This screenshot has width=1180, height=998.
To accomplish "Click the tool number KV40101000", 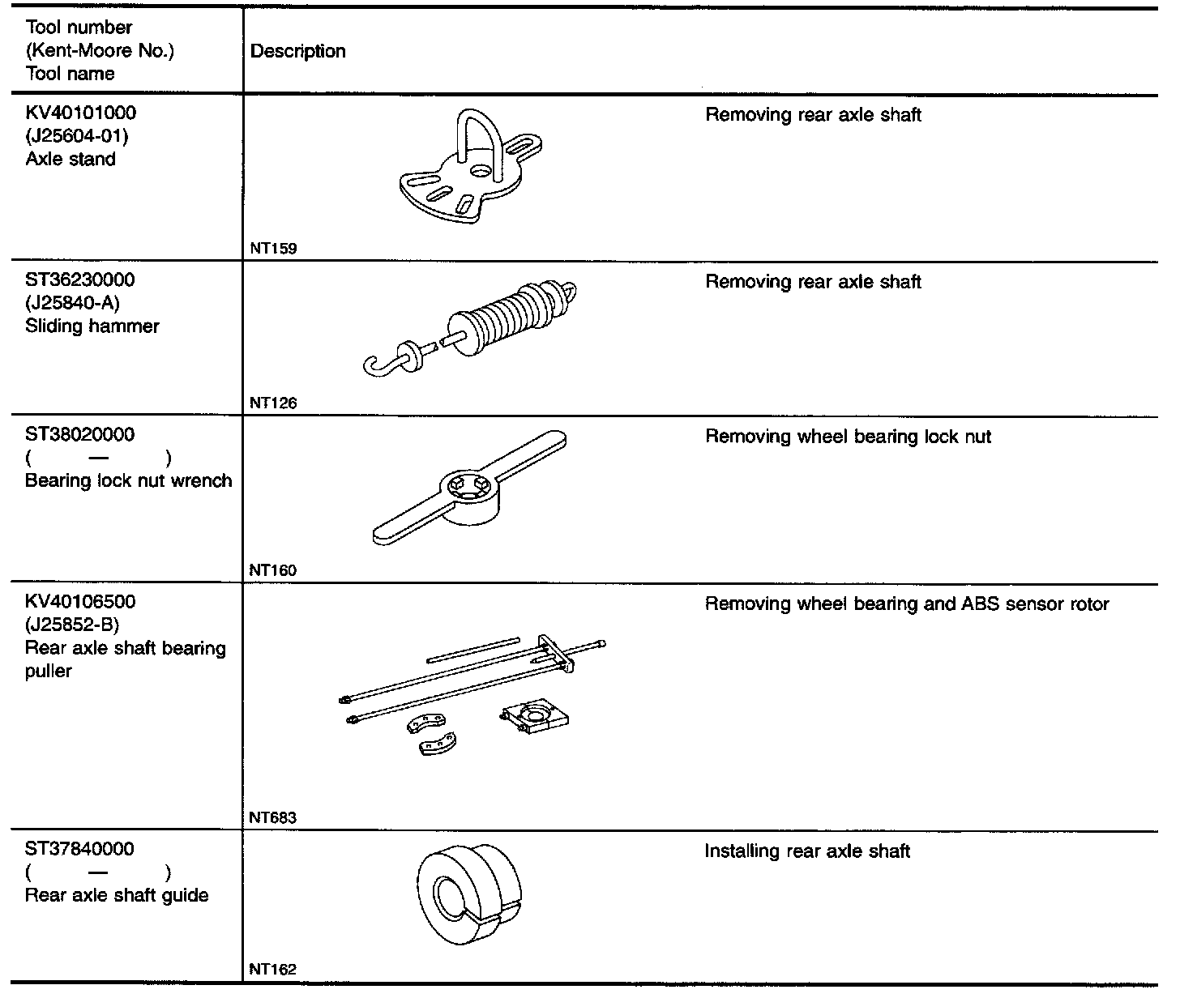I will pos(81,113).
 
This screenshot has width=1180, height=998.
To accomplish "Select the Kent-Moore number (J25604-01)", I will pos(77,135).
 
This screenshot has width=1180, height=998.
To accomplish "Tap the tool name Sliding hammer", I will pos(92,326).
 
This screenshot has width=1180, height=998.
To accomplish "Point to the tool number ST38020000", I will pos(79,435).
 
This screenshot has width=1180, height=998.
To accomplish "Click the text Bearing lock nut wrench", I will pos(128,480).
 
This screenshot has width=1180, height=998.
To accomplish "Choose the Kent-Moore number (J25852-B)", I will pos(72,625).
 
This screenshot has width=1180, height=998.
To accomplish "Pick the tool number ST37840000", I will pos(79,849).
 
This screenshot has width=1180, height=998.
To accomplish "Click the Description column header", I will pos(297,51).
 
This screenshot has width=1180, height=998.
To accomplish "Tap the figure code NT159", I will pos(273,249).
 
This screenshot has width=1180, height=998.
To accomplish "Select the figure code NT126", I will pos(273,403).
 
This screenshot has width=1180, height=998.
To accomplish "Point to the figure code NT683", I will pos(273,817).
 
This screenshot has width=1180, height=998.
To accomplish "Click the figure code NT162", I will pos(273,969).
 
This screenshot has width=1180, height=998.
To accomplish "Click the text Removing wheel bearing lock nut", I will pos(848,437).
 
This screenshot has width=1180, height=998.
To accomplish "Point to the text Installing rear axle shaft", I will pos(807,851).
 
